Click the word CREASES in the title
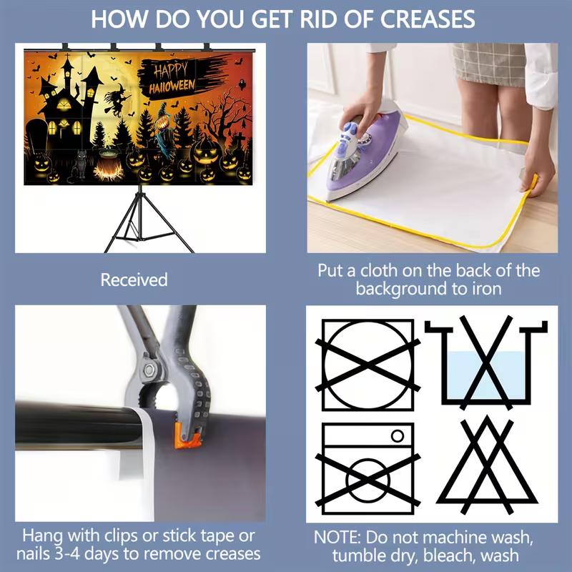click(428, 19)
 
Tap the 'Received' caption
click(134, 280)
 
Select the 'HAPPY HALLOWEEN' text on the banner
click(172, 79)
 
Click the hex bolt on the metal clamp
click(149, 370)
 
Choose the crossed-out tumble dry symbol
click(368, 365)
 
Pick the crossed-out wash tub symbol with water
click(486, 363)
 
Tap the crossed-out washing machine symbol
click(368, 469)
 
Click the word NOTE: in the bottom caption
click(337, 538)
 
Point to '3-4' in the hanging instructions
click(66, 554)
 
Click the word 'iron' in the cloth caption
click(487, 289)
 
